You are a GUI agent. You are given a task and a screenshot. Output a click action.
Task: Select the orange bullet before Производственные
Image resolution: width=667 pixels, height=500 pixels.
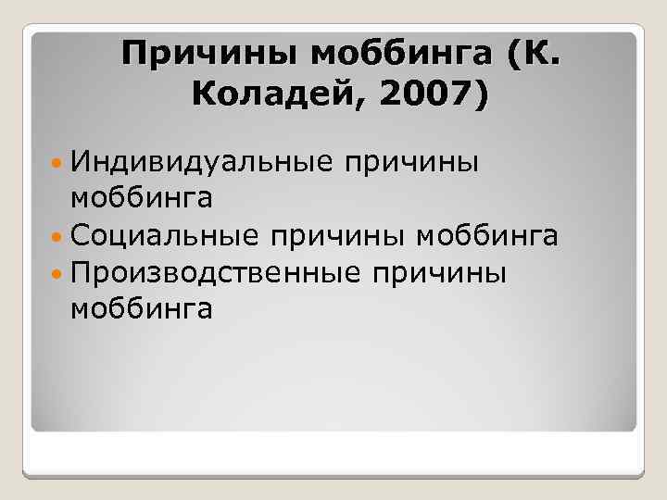[x=57, y=274]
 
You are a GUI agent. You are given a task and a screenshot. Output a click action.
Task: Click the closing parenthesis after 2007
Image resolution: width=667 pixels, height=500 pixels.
[x=477, y=96]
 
